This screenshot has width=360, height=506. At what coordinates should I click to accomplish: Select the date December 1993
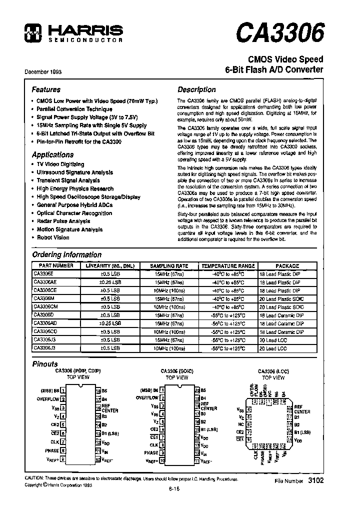tap(43, 71)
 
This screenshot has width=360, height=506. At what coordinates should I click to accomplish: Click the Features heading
tap(46, 89)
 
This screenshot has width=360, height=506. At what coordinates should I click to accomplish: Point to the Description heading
tap(197, 89)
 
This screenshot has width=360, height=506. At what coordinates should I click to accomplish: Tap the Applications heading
tap(52, 154)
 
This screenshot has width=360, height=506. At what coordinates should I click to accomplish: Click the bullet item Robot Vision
tap(53, 237)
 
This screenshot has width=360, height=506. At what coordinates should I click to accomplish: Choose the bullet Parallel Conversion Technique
tap(74, 109)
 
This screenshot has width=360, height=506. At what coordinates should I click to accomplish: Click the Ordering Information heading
tap(66, 254)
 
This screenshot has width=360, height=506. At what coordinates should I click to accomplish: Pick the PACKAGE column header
tap(287, 266)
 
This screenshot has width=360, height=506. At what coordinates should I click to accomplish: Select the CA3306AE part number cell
tap(48, 282)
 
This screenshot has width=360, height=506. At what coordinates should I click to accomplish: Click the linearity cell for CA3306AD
tap(109, 323)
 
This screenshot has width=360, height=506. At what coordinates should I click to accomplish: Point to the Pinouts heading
tap(45, 364)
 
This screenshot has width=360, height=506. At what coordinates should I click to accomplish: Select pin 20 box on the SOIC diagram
tap(197, 390)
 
